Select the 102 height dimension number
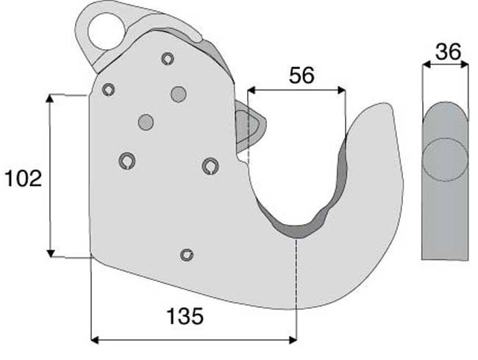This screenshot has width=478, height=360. tap(23, 178)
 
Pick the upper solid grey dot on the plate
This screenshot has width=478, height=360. tap(177, 94)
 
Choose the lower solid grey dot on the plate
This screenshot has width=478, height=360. tap(146, 122)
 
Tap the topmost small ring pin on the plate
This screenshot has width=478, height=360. tap(168, 59)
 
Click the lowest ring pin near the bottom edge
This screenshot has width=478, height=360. tap(187, 255)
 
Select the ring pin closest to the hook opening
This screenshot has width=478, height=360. tap(210, 166)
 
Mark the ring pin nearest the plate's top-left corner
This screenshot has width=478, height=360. tap(109, 90)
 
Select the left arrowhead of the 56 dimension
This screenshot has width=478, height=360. tap(252, 90)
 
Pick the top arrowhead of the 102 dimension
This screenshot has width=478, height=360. tap(51, 98)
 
